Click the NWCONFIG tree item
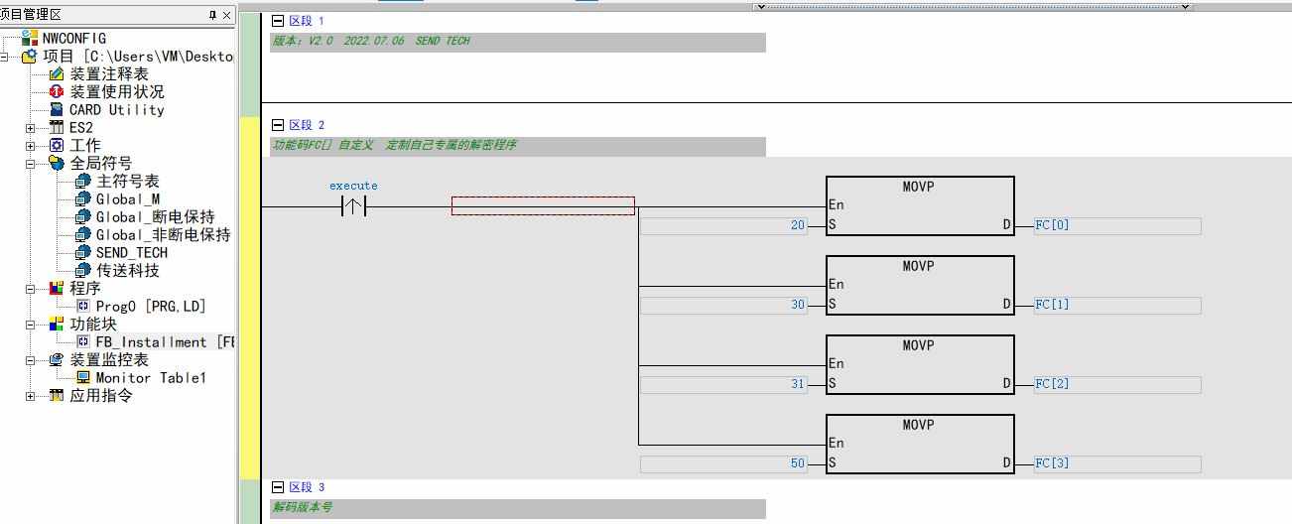pyautogui.click(x=73, y=39)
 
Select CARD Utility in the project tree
pyautogui.click(x=116, y=109)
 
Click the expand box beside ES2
pyautogui.click(x=30, y=128)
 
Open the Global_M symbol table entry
pyautogui.click(x=127, y=199)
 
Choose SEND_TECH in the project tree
pyautogui.click(x=132, y=253)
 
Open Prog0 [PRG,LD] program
pyautogui.click(x=151, y=307)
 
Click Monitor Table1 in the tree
pyautogui.click(x=151, y=378)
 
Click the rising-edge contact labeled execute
pyautogui.click(x=353, y=206)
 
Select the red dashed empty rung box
pyautogui.click(x=543, y=206)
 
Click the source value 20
pyautogui.click(x=797, y=225)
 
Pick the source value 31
pyautogui.click(x=797, y=384)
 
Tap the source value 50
pyautogui.click(x=797, y=462)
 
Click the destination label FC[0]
pyautogui.click(x=1052, y=224)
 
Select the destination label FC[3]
pyautogui.click(x=1052, y=462)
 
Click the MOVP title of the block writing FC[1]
pyautogui.click(x=918, y=266)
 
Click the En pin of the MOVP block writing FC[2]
pyautogui.click(x=836, y=363)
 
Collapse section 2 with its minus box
pyautogui.click(x=278, y=125)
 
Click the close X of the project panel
pyautogui.click(x=226, y=15)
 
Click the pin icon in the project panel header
pyautogui.click(x=212, y=15)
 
